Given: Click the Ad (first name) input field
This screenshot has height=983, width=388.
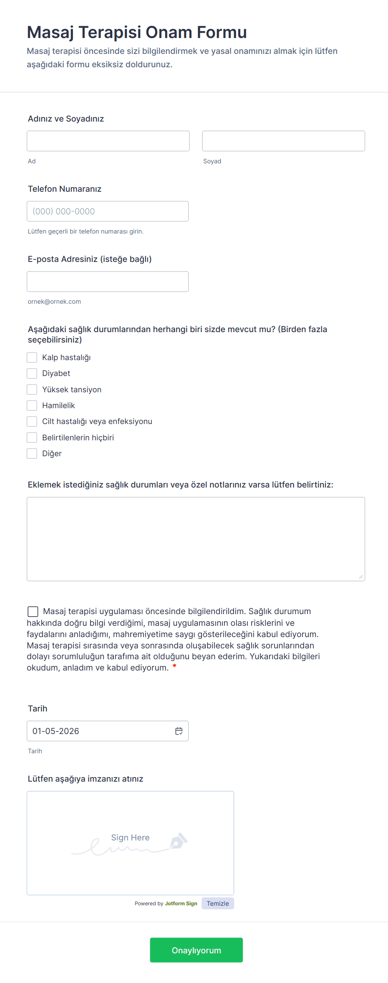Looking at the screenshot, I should tap(108, 141).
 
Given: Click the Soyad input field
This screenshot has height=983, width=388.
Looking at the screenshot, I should tap(283, 141).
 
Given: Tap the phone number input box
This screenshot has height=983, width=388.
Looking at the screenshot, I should tap(108, 211).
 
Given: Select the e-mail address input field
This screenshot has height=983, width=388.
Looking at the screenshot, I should tap(108, 282).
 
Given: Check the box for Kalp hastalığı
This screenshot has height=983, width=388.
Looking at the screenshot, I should tap(32, 357).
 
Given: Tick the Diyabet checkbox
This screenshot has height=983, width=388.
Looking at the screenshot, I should tap(32, 373).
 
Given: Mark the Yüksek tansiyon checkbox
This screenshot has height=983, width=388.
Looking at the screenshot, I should tap(32, 389).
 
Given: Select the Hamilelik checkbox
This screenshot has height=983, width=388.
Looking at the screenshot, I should tap(32, 405).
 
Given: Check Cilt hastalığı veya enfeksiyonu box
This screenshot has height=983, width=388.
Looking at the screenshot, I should tap(32, 422).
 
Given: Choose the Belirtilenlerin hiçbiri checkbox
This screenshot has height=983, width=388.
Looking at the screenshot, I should tap(32, 437).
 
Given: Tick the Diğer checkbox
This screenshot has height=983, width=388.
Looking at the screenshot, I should tap(32, 453).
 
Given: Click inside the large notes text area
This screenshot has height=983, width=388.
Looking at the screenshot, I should tap(196, 539).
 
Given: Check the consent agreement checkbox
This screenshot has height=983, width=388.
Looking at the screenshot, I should tap(33, 612).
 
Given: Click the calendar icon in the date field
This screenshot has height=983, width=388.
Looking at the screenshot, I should tap(179, 731).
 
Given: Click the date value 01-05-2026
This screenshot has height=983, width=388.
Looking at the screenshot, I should tap(56, 731).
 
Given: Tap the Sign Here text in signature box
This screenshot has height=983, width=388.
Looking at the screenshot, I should tap(130, 838).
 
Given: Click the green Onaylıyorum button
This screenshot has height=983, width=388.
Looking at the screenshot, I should tap(196, 950).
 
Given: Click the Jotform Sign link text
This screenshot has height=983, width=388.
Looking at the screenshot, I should tap(181, 903).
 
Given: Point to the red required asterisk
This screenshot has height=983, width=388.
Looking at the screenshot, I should tap(174, 666).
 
